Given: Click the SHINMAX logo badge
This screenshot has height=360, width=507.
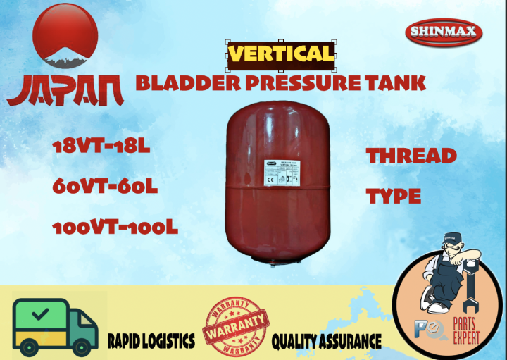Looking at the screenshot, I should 444,32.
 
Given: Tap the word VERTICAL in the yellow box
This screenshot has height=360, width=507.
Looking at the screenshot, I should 281,54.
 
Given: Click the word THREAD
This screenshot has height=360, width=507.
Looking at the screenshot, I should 411,156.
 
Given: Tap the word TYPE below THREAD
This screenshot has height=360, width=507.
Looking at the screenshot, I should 394,195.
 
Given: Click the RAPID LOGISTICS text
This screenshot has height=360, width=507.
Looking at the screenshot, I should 151,342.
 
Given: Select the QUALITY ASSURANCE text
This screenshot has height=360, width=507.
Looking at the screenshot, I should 327,342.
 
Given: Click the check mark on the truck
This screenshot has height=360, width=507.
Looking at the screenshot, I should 40,311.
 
